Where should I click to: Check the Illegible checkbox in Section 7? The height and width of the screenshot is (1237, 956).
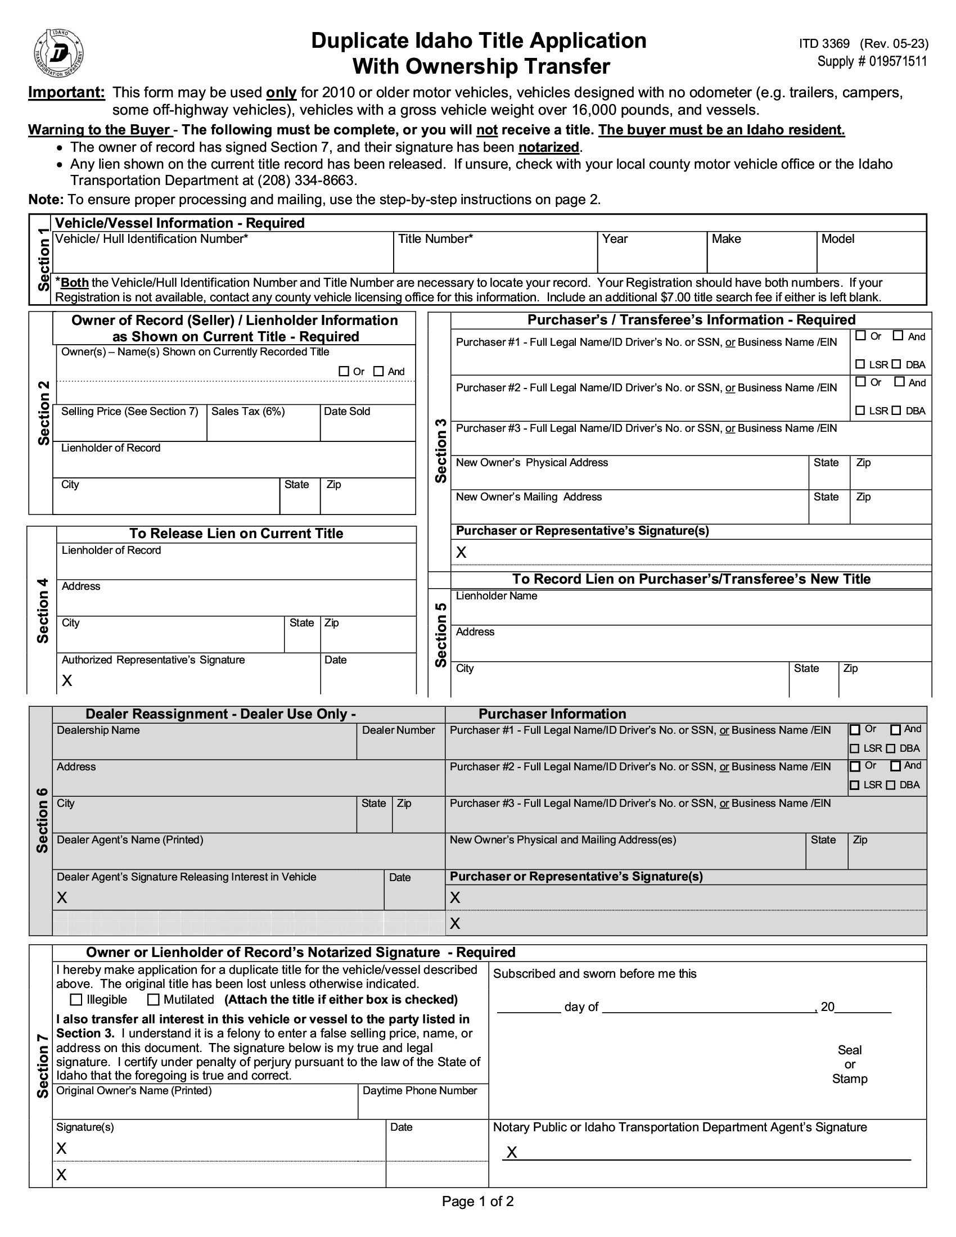(x=76, y=1000)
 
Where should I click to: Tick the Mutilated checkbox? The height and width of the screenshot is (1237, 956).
(x=153, y=1000)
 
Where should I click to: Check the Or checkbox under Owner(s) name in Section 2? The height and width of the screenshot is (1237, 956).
(x=343, y=372)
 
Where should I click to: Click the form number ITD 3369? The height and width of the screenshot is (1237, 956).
(x=824, y=44)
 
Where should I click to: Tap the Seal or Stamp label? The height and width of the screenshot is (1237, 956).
(x=850, y=1064)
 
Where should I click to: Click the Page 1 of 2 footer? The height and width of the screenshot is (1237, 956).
(x=477, y=1202)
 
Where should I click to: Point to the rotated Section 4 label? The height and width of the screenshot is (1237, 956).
(x=43, y=611)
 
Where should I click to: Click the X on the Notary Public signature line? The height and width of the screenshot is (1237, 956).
(x=511, y=1152)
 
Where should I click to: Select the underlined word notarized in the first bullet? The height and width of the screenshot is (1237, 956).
(x=548, y=147)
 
